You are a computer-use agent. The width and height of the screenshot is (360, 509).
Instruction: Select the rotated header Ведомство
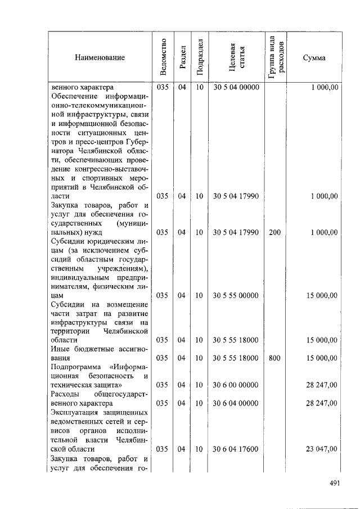coord(163,57)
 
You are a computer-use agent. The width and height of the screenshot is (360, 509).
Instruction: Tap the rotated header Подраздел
coord(200,57)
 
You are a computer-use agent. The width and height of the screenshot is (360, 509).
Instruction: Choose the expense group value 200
coord(274,232)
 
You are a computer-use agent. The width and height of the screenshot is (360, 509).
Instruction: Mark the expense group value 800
coord(274,358)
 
